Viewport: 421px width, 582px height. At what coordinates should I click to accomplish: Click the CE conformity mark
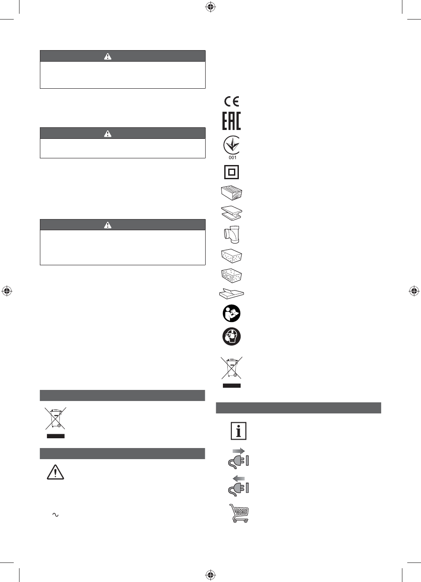click(231, 101)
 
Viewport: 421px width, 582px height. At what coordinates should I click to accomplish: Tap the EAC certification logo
click(231, 121)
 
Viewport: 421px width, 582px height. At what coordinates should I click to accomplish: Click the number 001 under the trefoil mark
click(233, 157)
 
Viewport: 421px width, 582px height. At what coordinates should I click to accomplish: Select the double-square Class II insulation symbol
click(231, 172)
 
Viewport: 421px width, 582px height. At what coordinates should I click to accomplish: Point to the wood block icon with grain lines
click(231, 193)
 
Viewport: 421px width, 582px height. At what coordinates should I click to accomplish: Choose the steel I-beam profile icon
click(231, 213)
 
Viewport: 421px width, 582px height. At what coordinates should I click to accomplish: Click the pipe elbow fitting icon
click(231, 234)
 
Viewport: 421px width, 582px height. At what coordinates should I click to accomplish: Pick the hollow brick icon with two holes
click(231, 275)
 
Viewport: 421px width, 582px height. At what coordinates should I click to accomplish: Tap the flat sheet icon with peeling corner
click(231, 294)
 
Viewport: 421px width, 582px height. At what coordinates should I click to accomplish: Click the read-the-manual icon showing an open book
click(231, 313)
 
